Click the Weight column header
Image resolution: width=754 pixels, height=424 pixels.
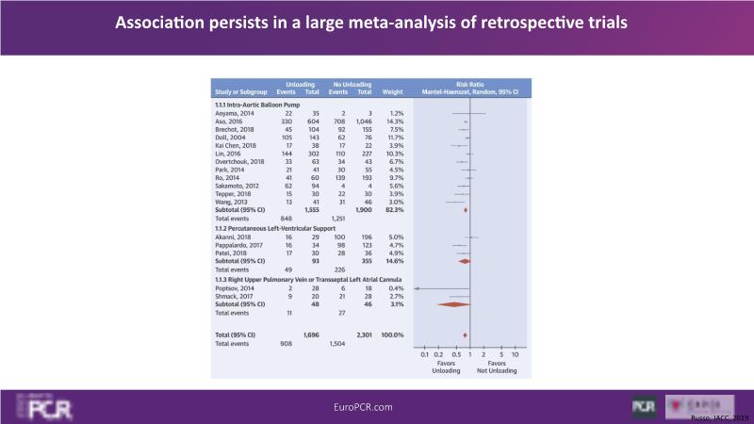point(393,94)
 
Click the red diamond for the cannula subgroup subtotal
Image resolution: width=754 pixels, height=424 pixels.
point(454,303)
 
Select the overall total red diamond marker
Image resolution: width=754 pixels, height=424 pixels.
point(466,334)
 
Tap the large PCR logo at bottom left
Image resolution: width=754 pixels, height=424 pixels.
point(43,407)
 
